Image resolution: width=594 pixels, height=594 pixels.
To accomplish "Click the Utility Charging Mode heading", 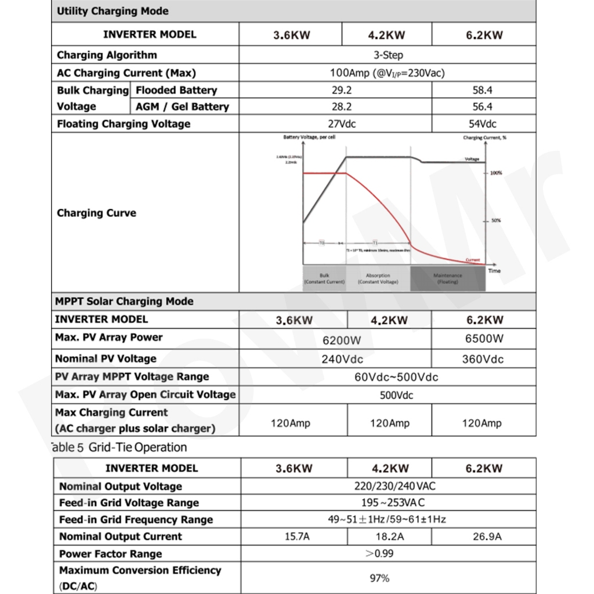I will pyautogui.click(x=113, y=11).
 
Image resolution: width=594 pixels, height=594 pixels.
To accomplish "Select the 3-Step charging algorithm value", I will pyautogui.click(x=388, y=55).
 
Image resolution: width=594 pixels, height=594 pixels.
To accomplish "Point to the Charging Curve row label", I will pyautogui.click(x=97, y=213).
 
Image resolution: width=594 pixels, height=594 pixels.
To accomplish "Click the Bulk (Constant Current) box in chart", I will pyautogui.click(x=324, y=278).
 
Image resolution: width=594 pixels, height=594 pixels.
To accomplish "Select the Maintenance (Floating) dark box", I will pyautogui.click(x=448, y=278).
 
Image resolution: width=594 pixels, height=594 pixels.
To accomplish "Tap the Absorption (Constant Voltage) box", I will pyautogui.click(x=378, y=278).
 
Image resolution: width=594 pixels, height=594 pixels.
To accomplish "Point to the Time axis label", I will pyautogui.click(x=494, y=271).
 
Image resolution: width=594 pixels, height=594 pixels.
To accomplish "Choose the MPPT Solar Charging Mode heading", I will pyautogui.click(x=124, y=302).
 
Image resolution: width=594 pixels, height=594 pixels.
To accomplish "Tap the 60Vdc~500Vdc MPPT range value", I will pyautogui.click(x=396, y=377).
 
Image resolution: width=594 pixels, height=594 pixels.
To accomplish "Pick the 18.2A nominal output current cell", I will pyautogui.click(x=390, y=537).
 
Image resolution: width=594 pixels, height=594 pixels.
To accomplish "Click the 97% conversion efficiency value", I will pyautogui.click(x=379, y=578).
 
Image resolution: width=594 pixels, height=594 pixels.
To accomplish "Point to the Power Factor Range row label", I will pyautogui.click(x=111, y=554).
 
